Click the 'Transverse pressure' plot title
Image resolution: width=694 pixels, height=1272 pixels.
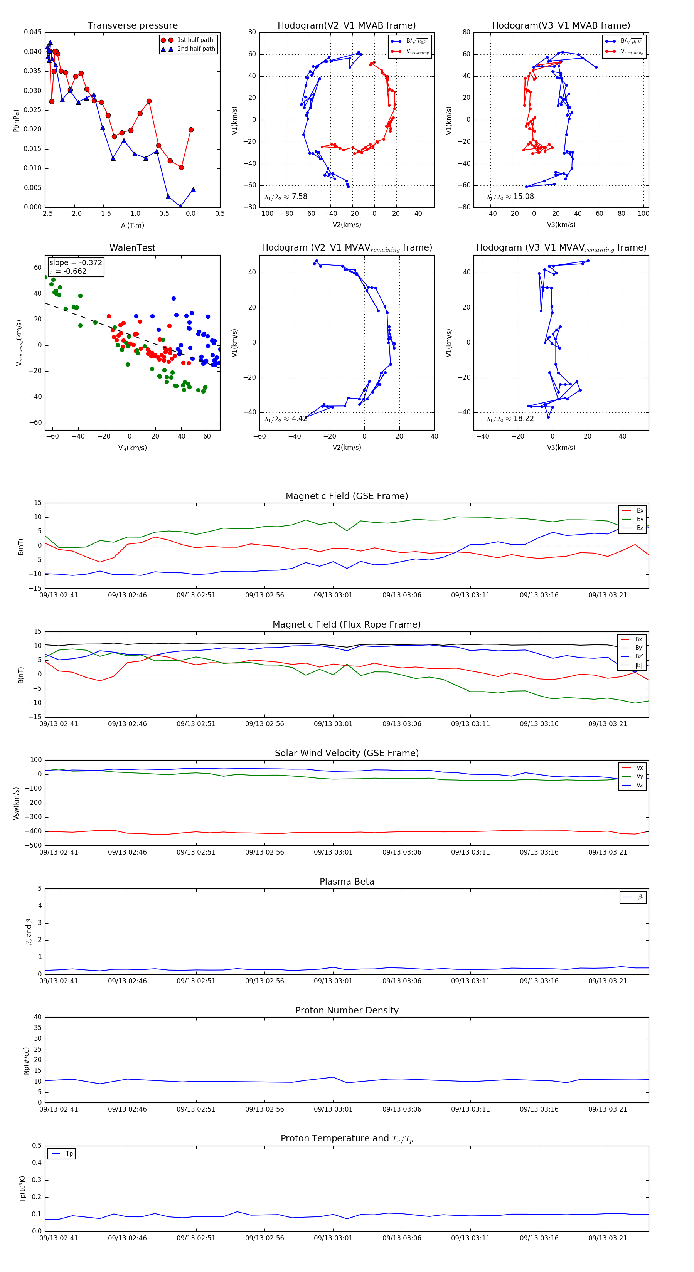point(132,26)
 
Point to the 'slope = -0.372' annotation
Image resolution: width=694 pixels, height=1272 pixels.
point(76,263)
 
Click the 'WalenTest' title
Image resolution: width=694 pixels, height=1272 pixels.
point(132,248)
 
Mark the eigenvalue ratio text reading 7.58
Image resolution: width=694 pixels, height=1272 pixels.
point(286,197)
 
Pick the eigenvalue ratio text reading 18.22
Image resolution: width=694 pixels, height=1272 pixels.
point(510,419)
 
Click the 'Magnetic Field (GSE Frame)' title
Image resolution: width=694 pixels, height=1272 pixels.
point(347,496)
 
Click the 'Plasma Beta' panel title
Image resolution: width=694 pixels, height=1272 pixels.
point(347,882)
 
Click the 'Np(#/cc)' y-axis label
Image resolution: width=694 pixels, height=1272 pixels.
point(26,1061)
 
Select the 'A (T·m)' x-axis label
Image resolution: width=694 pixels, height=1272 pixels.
point(132,225)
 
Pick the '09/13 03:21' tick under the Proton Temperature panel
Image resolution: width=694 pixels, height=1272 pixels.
point(607,1238)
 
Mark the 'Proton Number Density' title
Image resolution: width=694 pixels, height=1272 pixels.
point(347,1010)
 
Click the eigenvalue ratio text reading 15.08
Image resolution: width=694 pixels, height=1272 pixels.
point(510,197)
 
